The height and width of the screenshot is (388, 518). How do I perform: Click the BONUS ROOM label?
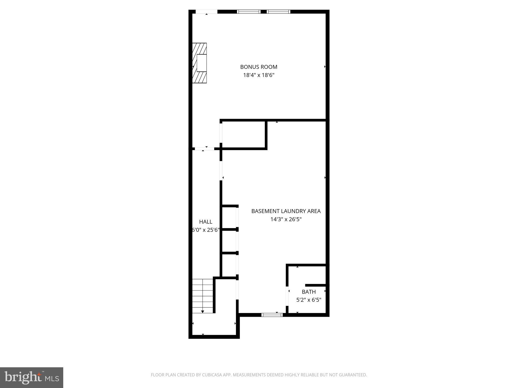258,67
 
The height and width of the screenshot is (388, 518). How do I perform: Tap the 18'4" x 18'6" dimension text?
258,75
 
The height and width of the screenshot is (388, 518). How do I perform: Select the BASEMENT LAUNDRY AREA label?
286,211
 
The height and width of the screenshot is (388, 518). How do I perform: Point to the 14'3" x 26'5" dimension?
286,219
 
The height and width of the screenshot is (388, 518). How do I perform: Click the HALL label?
206,222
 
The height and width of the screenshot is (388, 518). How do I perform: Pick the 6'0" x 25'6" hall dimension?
206,230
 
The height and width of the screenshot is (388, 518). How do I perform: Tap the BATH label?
309,292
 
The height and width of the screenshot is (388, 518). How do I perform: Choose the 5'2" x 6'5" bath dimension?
309,300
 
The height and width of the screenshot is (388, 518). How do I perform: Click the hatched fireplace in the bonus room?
199,63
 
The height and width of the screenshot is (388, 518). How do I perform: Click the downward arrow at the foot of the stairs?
203,312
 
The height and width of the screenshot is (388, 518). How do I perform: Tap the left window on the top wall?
249,12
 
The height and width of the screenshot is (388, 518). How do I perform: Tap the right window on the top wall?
278,12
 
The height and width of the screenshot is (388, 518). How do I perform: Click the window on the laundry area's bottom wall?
272,315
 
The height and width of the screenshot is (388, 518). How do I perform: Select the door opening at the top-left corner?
207,12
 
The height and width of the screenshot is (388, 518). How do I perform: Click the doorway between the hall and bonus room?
204,149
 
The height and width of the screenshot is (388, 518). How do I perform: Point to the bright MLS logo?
32,377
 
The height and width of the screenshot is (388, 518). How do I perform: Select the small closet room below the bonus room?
244,134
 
